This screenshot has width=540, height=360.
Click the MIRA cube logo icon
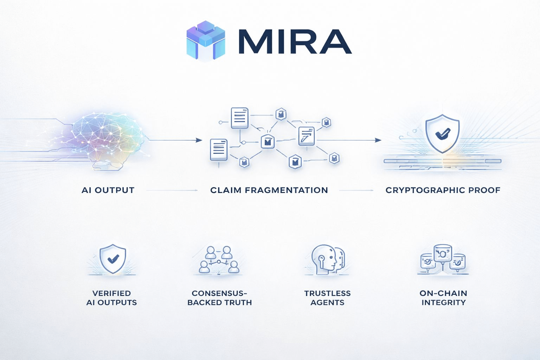click(x=206, y=41)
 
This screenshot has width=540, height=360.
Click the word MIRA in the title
click(x=295, y=42)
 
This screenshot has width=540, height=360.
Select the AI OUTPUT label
click(x=108, y=190)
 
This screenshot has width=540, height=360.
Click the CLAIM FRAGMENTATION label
click(x=269, y=190)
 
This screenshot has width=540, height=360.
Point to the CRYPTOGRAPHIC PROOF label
click(x=443, y=190)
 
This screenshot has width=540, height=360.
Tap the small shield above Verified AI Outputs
click(x=112, y=259)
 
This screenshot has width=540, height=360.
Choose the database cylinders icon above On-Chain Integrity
click(x=443, y=259)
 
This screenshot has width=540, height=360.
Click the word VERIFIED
click(x=111, y=293)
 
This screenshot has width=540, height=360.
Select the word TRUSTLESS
click(x=327, y=293)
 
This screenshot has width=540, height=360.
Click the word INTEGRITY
click(x=443, y=302)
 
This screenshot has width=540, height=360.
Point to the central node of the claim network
click(x=268, y=141)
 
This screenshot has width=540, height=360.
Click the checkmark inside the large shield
click(x=442, y=134)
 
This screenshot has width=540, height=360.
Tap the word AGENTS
click(x=327, y=302)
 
